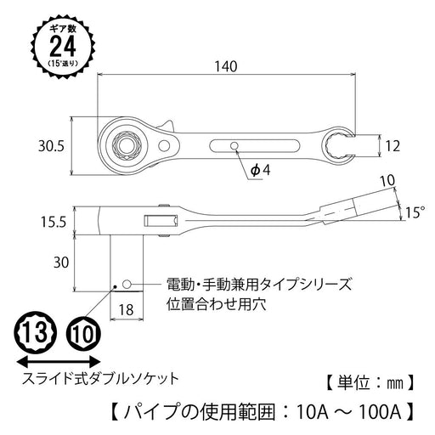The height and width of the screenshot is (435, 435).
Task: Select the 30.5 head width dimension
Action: point(52,146)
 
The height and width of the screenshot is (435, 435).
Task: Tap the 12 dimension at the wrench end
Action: point(391,145)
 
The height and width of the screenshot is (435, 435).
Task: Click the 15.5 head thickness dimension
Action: point(52,222)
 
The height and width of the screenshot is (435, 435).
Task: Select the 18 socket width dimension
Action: point(126,309)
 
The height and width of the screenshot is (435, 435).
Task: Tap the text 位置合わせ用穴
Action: point(205,302)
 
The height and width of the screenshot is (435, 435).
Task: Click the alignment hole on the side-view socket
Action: point(126,283)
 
